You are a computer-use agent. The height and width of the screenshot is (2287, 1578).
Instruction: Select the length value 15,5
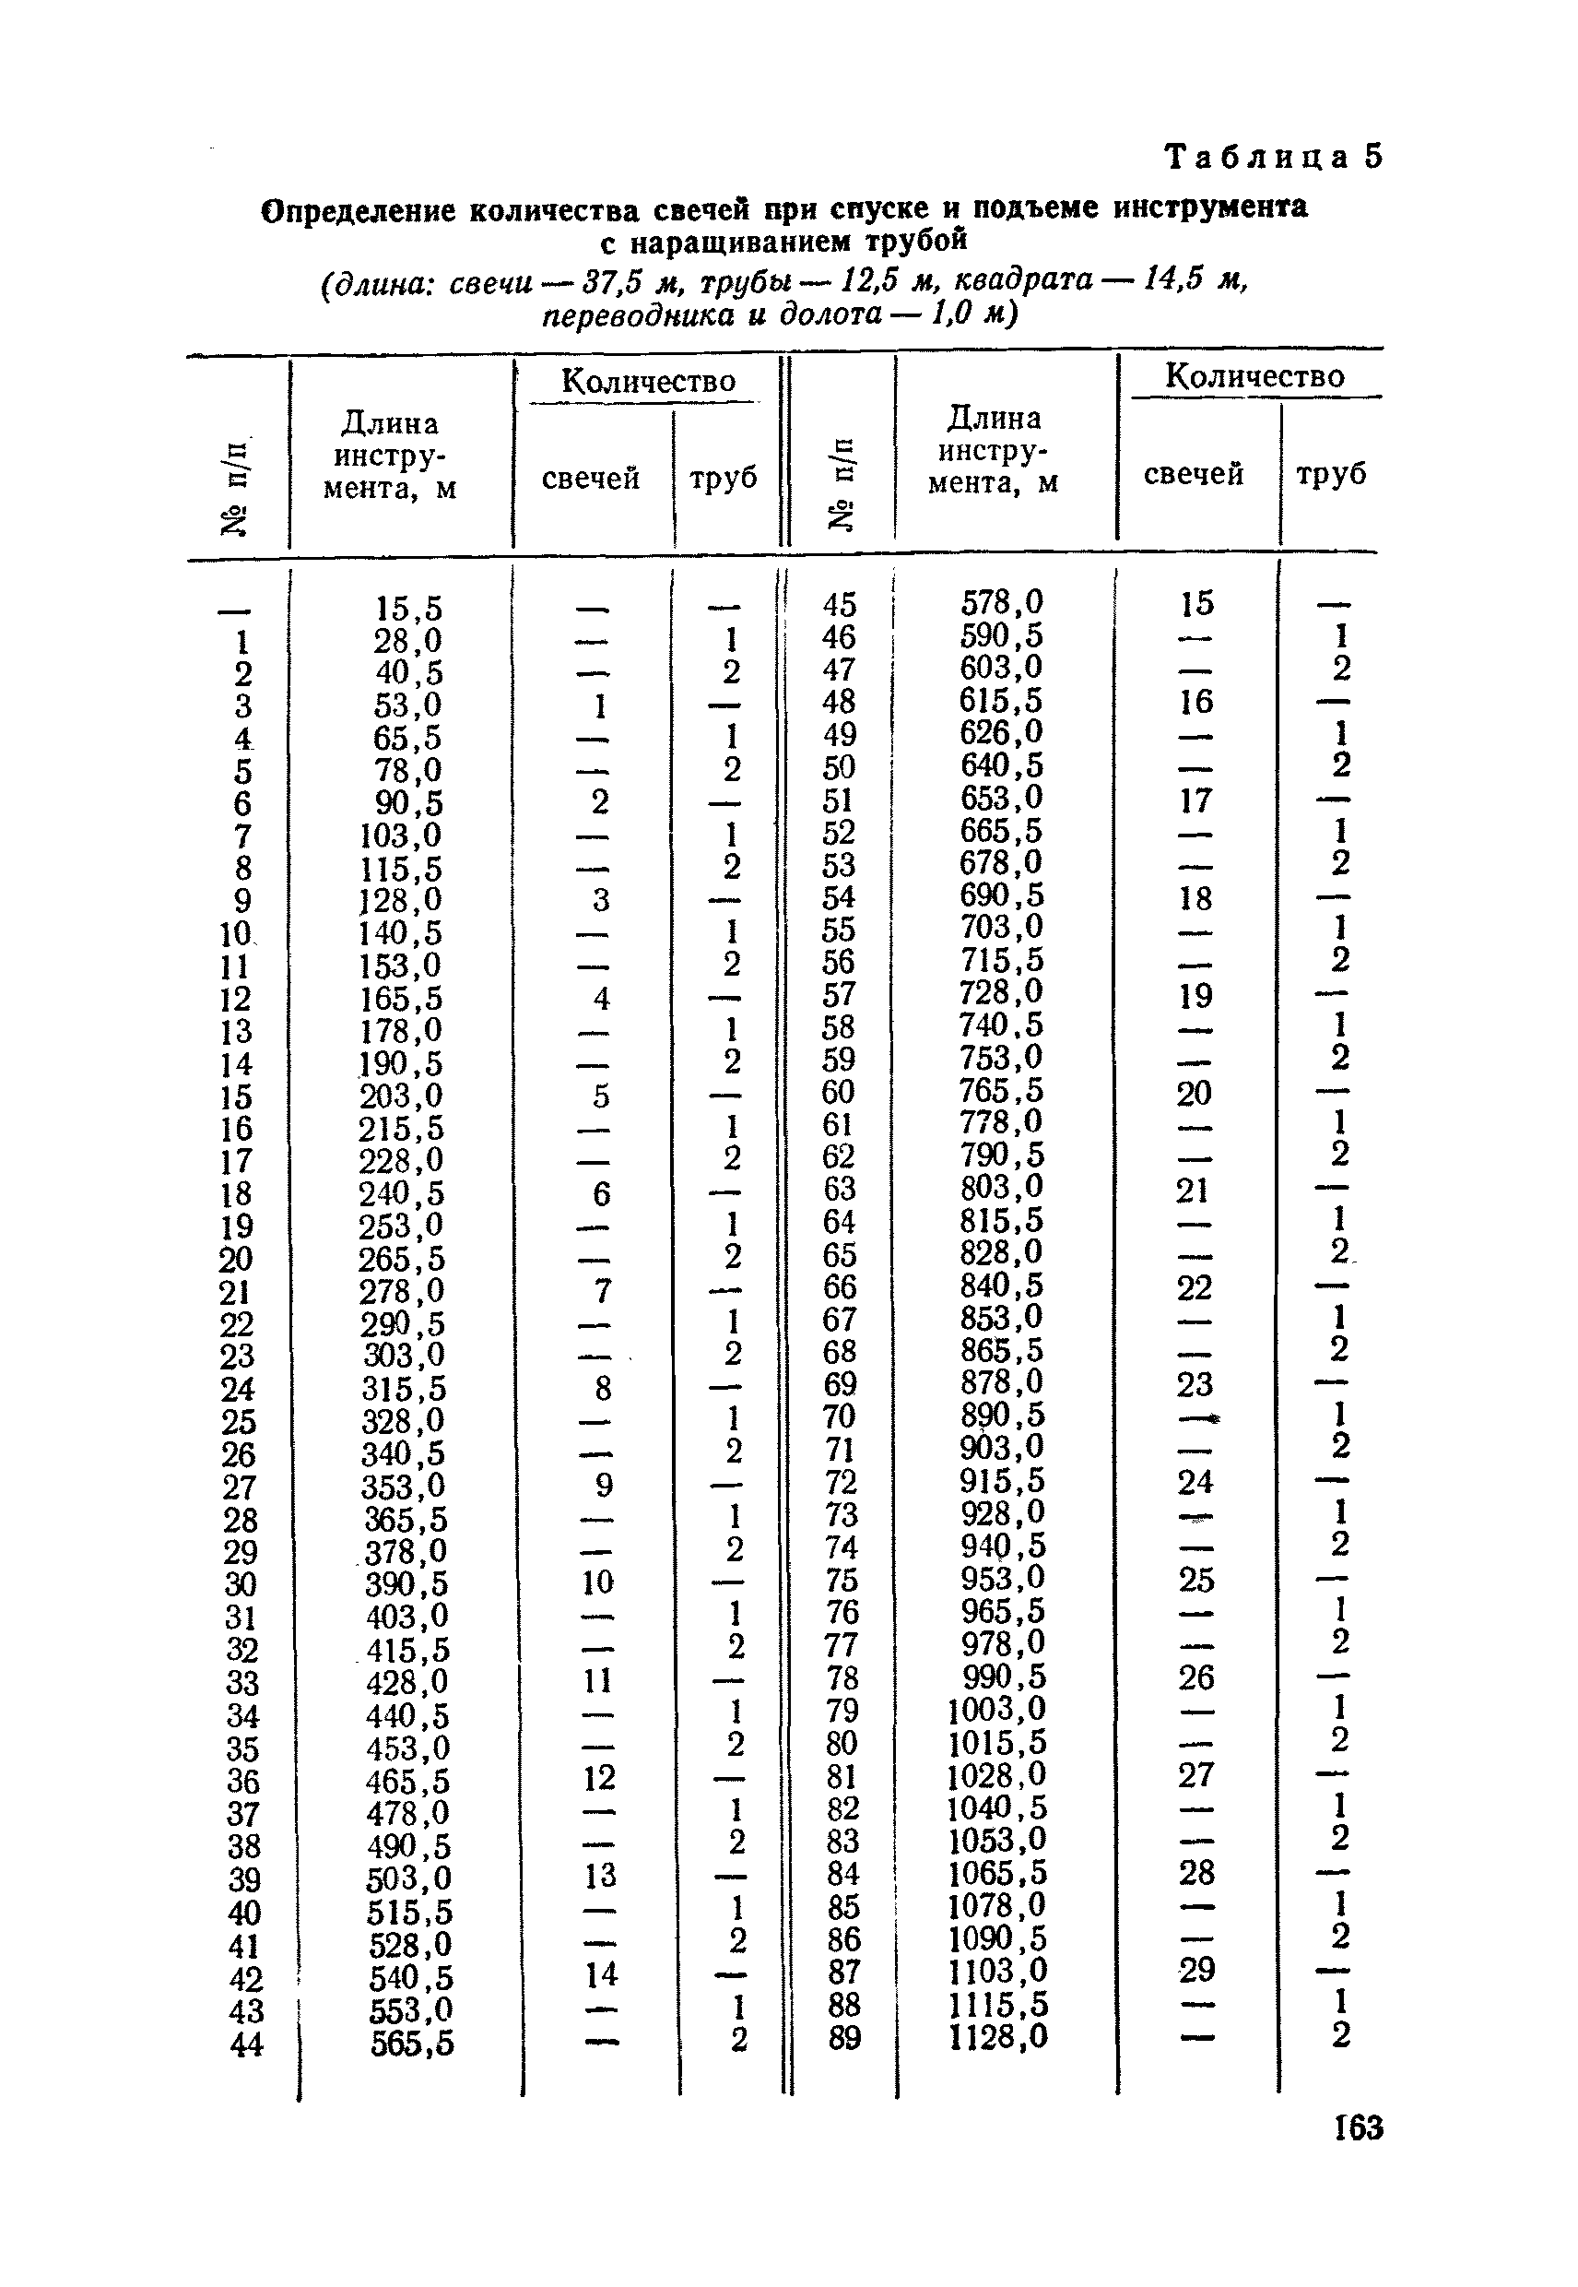[408, 609]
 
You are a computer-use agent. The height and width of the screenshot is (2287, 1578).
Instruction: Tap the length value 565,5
[412, 2044]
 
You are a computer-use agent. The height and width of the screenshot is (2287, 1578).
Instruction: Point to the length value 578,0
[1002, 602]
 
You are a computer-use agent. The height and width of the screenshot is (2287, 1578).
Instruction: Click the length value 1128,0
[997, 2038]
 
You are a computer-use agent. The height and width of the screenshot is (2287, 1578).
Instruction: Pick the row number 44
[246, 2044]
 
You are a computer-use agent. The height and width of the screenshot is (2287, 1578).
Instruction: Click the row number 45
[840, 604]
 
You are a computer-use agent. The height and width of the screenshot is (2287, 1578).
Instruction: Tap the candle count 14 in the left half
[600, 1975]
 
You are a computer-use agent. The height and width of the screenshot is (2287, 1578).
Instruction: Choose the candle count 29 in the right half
[1196, 1971]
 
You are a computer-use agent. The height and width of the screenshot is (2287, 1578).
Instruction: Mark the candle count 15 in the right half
[1196, 603]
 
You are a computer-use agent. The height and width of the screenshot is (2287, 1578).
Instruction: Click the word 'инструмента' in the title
[1210, 207]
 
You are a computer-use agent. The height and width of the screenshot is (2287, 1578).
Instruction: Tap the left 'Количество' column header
[648, 382]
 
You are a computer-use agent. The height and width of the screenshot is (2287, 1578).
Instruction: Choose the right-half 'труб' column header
[1331, 475]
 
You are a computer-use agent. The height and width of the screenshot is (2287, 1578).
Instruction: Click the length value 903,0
[1002, 1448]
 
